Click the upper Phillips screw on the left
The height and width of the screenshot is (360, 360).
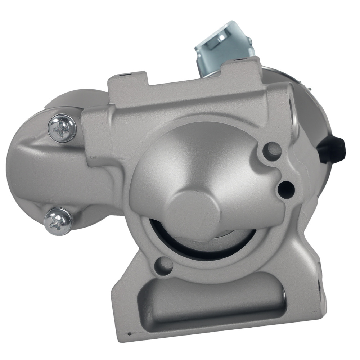click(62, 129)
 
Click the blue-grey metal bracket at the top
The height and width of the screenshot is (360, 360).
click(223, 45)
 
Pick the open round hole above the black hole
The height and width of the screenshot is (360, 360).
click(272, 151)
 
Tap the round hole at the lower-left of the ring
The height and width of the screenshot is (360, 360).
click(165, 265)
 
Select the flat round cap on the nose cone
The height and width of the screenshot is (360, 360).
click(194, 212)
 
